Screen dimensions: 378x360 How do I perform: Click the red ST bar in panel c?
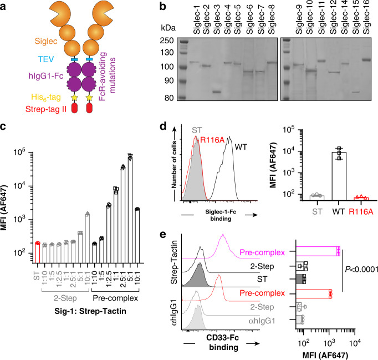point(37,253)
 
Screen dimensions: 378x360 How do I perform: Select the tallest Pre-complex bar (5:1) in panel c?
point(130,210)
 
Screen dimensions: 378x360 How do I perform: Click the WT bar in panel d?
point(339,176)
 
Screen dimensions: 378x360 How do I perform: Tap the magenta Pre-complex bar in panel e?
point(318,251)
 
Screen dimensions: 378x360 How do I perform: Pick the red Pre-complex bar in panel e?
point(313,294)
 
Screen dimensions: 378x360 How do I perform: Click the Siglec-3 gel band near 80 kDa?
point(217,92)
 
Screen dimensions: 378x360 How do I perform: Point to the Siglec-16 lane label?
point(366,17)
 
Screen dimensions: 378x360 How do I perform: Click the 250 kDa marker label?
point(167,40)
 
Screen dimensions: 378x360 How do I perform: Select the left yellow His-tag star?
point(74,98)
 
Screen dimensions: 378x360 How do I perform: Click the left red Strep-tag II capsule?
point(74,108)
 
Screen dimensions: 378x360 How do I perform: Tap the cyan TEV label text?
point(46,59)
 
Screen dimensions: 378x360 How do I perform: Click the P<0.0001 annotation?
point(361,269)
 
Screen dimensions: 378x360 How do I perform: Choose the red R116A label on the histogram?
point(212,140)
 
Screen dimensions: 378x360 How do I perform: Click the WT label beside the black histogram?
point(241,146)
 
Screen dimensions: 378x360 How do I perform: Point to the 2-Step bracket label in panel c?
point(65,298)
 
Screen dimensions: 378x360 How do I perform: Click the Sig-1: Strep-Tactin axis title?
point(90,311)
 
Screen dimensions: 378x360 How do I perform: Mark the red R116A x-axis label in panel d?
point(361,211)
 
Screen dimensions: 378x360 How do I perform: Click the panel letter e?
point(163,234)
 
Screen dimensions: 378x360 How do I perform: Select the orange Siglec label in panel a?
point(46,41)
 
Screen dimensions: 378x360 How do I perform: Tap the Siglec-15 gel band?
point(356,92)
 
